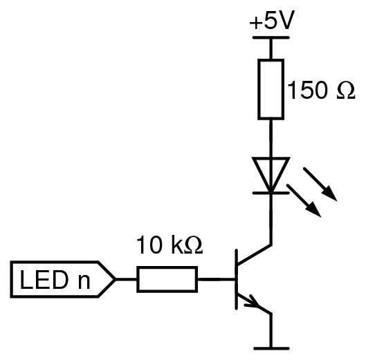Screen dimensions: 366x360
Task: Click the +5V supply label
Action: coord(272,20)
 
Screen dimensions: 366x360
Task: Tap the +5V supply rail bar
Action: coord(271,37)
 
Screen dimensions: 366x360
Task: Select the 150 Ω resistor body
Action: coord(271,89)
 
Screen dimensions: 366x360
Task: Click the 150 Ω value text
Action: coord(322,91)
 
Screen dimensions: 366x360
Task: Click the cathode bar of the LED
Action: coord(271,193)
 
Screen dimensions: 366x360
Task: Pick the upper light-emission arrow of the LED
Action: coord(320,184)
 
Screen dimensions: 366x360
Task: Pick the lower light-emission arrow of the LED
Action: coord(304,201)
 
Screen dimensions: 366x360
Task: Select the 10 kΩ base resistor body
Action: coord(167,279)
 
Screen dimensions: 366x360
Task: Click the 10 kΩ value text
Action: coord(170,245)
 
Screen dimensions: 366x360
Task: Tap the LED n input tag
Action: coord(63,279)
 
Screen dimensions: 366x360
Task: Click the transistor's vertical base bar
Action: coord(237,279)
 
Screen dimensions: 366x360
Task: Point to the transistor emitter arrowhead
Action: coord(253,302)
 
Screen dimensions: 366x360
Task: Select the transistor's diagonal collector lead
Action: coord(254,255)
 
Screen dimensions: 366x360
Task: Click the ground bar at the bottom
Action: coord(271,348)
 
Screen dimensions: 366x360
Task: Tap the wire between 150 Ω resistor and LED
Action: coord(271,139)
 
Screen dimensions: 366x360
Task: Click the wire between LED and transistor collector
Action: coord(271,219)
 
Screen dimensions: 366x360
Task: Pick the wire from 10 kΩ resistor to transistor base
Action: coord(217,279)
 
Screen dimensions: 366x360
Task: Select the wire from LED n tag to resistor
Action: coord(127,279)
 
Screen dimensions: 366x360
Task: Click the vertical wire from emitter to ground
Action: coord(271,331)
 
